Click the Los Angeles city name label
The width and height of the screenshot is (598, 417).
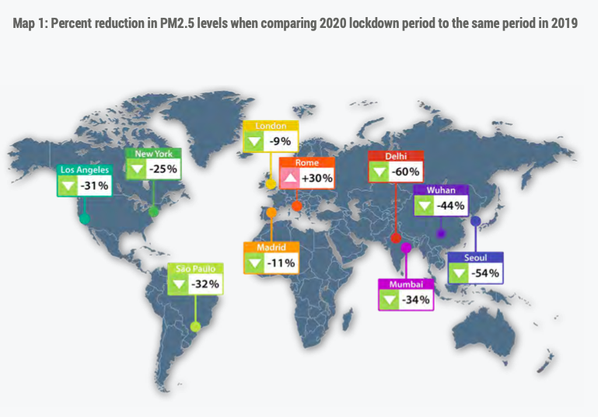(x=85, y=170)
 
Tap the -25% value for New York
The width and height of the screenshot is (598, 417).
(x=164, y=168)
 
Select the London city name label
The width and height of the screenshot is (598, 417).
(x=271, y=125)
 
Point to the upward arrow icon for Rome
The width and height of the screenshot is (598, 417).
(x=289, y=178)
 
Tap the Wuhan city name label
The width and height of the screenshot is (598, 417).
(x=440, y=189)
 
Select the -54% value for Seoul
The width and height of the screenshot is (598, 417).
(x=485, y=273)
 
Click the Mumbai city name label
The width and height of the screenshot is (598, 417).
(x=405, y=285)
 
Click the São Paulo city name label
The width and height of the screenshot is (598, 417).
(x=195, y=269)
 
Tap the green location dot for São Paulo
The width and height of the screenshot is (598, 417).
(x=196, y=326)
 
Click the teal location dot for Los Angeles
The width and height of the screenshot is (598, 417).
(x=84, y=219)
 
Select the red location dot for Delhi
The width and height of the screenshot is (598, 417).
(x=395, y=238)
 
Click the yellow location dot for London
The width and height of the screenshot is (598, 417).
(x=271, y=185)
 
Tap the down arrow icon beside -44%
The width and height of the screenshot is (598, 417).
(x=424, y=206)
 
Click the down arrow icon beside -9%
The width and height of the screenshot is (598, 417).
(x=254, y=142)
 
